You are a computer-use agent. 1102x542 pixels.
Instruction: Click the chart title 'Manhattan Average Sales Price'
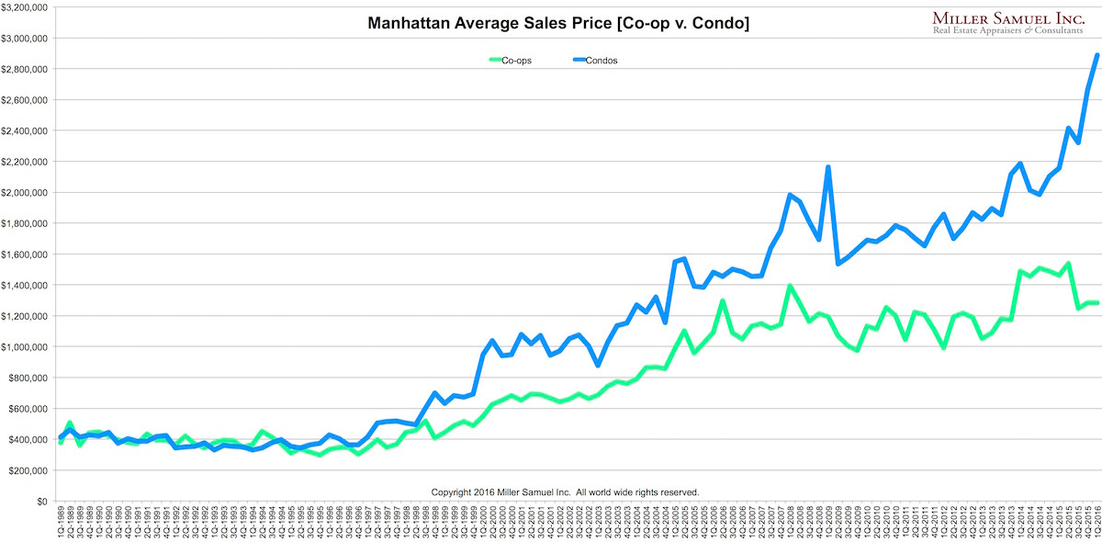[x=558, y=23]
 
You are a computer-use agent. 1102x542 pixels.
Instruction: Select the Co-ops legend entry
[x=511, y=61]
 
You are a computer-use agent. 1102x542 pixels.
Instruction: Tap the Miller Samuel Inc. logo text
[x=1008, y=18]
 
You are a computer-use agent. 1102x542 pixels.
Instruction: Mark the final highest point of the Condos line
[x=1096, y=55]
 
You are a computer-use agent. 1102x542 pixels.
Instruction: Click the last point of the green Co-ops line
[x=1096, y=303]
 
